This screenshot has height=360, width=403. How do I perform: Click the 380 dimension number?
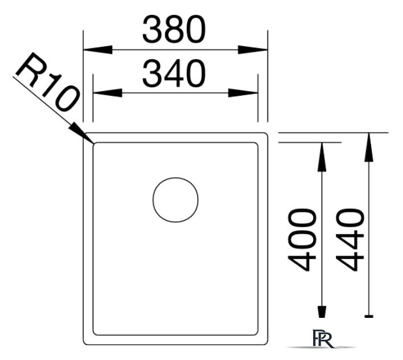point(174,29)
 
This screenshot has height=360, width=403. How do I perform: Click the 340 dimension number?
point(174,73)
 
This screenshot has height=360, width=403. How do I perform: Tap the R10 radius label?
point(48,82)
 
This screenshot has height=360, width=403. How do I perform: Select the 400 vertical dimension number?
point(302,240)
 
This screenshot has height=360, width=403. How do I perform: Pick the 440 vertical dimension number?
point(350,240)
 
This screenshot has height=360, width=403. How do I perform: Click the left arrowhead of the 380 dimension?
point(98,50)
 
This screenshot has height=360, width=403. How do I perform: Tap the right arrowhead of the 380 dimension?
point(253,50)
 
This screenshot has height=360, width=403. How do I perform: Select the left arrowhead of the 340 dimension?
point(108,93)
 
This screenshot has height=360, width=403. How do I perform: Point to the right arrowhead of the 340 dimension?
point(243,93)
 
